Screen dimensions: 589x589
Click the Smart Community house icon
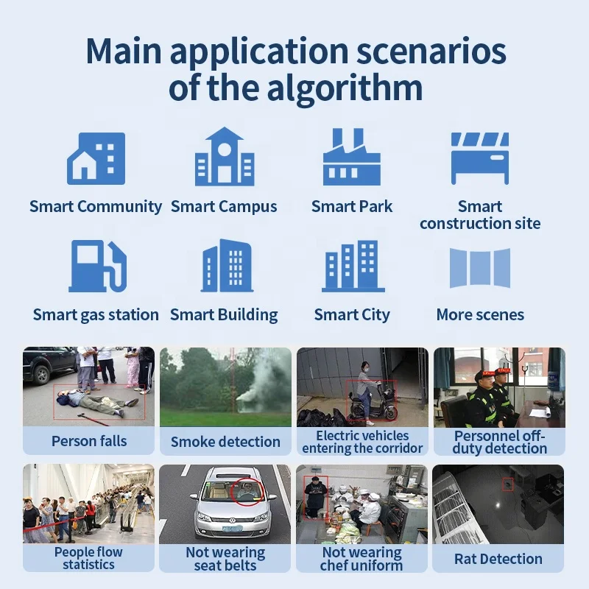click(x=96, y=158)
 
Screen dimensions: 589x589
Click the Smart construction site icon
click(x=480, y=158)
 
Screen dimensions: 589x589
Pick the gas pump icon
click(x=96, y=266)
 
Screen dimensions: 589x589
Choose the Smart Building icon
click(x=224, y=266)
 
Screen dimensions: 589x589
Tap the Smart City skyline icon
click(x=352, y=266)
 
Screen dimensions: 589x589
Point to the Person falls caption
click(x=89, y=442)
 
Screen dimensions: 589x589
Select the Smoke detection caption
click(x=225, y=442)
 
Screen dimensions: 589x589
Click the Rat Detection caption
click(x=498, y=559)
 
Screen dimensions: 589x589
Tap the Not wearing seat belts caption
click(x=225, y=559)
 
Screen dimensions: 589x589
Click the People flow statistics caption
click(x=89, y=559)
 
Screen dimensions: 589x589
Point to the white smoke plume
click(x=254, y=383)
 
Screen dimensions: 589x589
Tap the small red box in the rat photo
click(x=507, y=484)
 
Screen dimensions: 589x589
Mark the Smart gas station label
click(x=96, y=315)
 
